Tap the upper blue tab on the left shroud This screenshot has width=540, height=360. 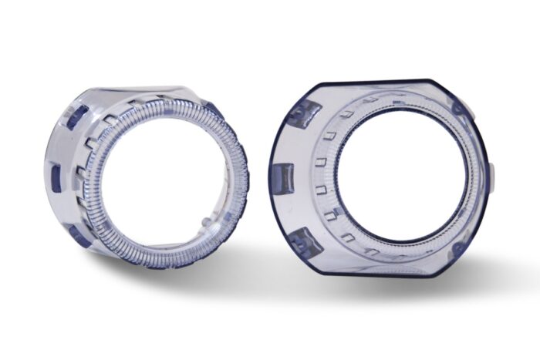[x=76, y=116]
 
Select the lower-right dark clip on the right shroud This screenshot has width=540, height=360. [x=458, y=249]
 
